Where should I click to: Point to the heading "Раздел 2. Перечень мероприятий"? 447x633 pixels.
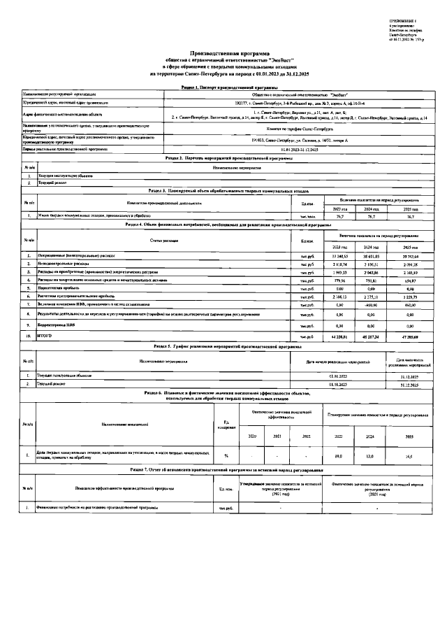223,158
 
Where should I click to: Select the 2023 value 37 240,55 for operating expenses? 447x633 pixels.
338,257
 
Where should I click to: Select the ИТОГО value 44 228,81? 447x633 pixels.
338,336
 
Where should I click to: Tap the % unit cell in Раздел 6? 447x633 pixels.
226,455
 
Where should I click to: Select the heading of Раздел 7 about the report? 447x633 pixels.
223,467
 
